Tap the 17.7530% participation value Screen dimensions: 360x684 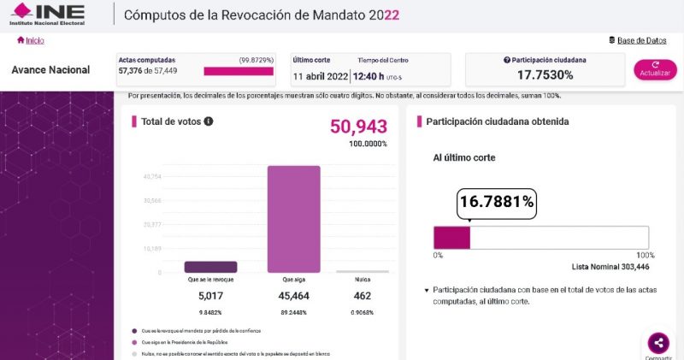[x=544, y=75]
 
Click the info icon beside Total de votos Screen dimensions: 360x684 [x=209, y=121]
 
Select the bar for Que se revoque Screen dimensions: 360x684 [x=210, y=267]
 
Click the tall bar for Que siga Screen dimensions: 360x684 [x=294, y=219]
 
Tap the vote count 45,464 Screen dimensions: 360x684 [x=294, y=296]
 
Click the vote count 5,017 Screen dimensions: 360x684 [x=210, y=296]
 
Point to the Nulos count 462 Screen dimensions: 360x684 [x=363, y=296]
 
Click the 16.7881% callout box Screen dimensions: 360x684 [x=497, y=202]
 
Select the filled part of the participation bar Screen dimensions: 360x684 [x=452, y=238]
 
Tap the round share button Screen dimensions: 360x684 [x=658, y=344]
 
